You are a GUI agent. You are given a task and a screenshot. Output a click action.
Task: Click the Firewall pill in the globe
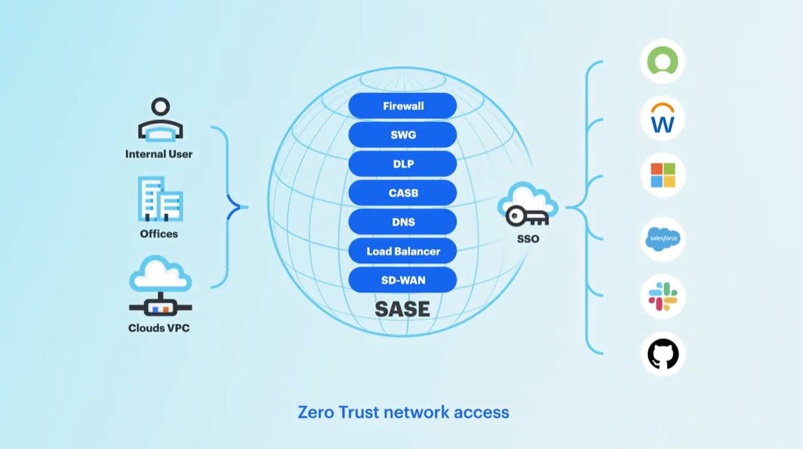[403, 106]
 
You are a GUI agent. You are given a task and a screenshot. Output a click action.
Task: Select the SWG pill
[403, 134]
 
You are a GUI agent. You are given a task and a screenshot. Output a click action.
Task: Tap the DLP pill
[403, 164]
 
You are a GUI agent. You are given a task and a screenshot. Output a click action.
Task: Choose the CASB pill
[403, 193]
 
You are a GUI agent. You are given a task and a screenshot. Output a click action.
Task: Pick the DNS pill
[403, 222]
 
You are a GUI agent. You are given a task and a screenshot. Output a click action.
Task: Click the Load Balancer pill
[403, 251]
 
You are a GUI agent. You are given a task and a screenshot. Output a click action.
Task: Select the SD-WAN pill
[403, 280]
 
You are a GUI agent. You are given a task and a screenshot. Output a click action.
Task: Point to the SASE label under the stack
[402, 309]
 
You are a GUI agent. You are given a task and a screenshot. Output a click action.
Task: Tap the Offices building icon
[160, 199]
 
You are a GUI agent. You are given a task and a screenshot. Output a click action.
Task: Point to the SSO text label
[528, 239]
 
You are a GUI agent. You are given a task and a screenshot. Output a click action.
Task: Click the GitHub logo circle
[662, 354]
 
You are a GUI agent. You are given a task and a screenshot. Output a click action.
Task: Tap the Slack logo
[662, 297]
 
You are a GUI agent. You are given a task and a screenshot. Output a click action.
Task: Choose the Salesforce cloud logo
[662, 239]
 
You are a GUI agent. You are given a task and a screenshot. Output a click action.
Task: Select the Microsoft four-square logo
[662, 175]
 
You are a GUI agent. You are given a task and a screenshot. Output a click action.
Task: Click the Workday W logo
[662, 118]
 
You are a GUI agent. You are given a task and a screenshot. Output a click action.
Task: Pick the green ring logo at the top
[662, 61]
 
